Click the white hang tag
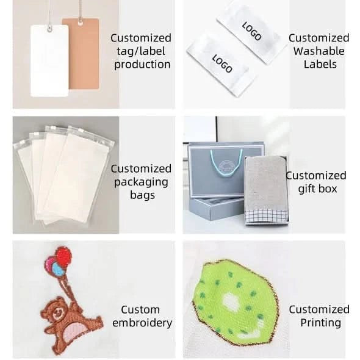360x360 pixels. [x=49, y=61]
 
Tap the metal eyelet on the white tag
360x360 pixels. [x=49, y=29]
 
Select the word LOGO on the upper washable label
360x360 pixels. [x=251, y=31]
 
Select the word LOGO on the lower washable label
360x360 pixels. [x=222, y=63]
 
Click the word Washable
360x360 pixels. [x=319, y=51]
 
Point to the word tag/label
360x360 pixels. [x=141, y=51]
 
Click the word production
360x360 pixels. [x=142, y=65]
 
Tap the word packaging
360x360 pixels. [x=141, y=182]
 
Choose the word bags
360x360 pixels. [x=142, y=195]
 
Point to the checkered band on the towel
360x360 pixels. [x=266, y=216]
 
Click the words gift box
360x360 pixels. [x=317, y=189]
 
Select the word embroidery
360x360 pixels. [x=142, y=323]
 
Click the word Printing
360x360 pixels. [x=321, y=323]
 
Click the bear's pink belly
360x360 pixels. [x=73, y=331]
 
